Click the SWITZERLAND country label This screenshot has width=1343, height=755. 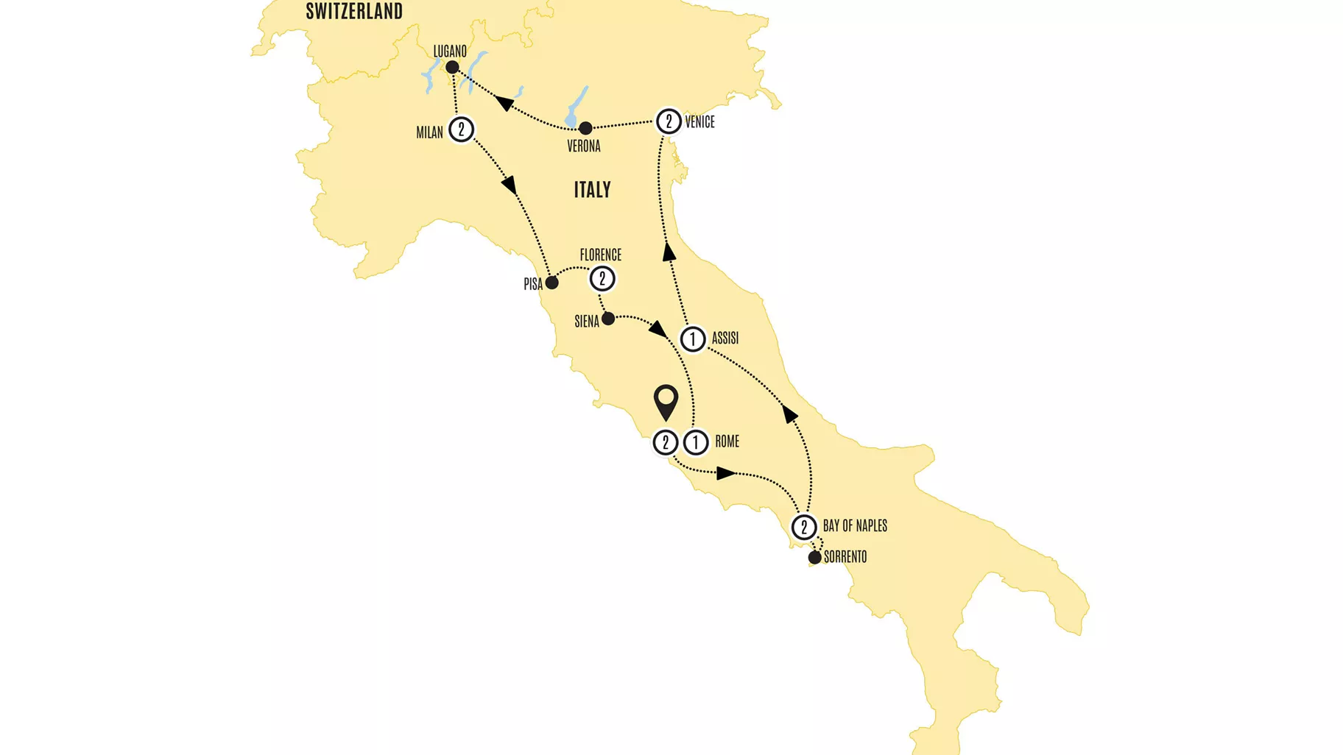point(354,11)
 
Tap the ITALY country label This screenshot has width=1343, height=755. point(592,190)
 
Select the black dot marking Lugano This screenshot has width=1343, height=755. point(452,68)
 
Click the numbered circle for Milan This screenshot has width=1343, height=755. point(462,130)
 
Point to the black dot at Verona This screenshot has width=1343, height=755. point(585,129)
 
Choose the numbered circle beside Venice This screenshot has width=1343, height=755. point(669,121)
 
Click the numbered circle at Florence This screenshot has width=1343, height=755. point(602,279)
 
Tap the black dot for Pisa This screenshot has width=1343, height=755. point(551,283)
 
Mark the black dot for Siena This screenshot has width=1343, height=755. point(608,319)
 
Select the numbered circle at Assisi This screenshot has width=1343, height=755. point(692,339)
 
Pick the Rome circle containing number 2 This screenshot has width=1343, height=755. point(666,442)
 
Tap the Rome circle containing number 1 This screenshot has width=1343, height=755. point(696,442)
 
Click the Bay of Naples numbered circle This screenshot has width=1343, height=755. point(804,527)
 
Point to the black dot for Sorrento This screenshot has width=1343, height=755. point(814,558)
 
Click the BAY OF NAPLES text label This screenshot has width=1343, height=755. point(855,526)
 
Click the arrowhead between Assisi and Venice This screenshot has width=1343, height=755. point(669,252)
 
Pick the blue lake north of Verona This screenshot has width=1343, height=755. point(576,107)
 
